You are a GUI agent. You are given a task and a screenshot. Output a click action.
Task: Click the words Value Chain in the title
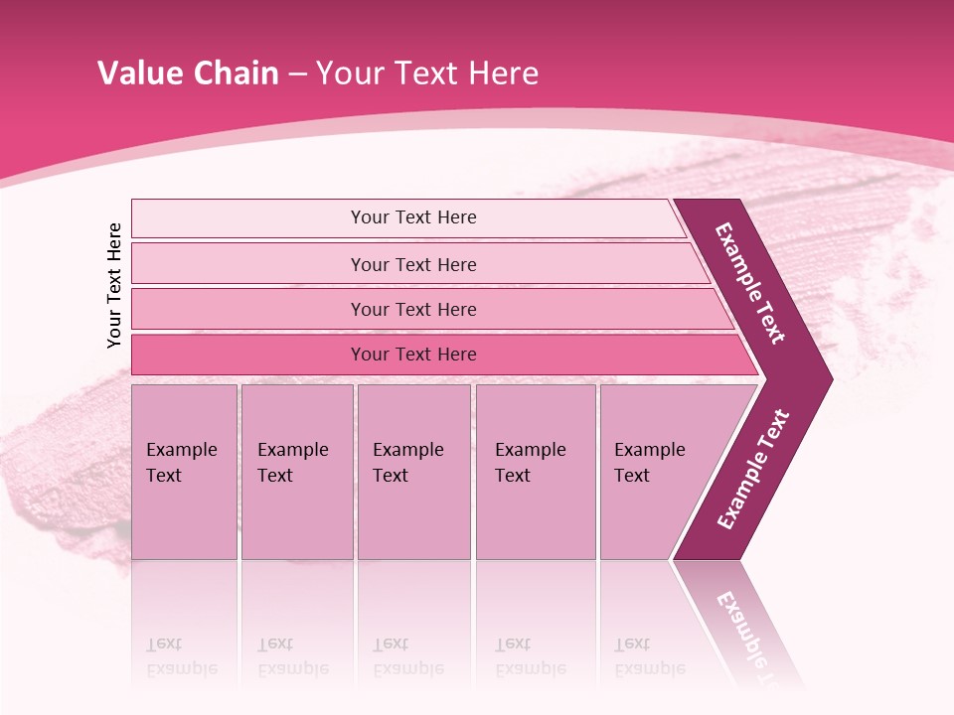pyautogui.click(x=188, y=73)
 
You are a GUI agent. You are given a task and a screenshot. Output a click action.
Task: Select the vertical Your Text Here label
pyautogui.click(x=114, y=285)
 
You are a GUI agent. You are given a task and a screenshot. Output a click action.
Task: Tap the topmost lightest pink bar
pyautogui.click(x=248, y=218)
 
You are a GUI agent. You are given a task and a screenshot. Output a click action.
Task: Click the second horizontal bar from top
pyautogui.click(x=248, y=264)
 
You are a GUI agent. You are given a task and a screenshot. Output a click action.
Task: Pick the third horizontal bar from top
pyautogui.click(x=248, y=309)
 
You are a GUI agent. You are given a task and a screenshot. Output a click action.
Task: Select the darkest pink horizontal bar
pyautogui.click(x=248, y=355)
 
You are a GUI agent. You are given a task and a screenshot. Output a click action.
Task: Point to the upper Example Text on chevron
pyautogui.click(x=750, y=283)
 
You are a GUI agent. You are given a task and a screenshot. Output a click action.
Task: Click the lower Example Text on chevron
pyautogui.click(x=753, y=469)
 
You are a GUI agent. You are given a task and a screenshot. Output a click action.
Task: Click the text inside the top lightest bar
pyautogui.click(x=413, y=217)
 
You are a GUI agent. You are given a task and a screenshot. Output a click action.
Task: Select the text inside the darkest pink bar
pyautogui.click(x=413, y=355)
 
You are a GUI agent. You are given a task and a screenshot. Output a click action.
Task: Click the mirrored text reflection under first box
pyautogui.click(x=181, y=656)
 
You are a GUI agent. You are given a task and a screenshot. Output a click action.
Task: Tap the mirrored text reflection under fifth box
pyautogui.click(x=649, y=656)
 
